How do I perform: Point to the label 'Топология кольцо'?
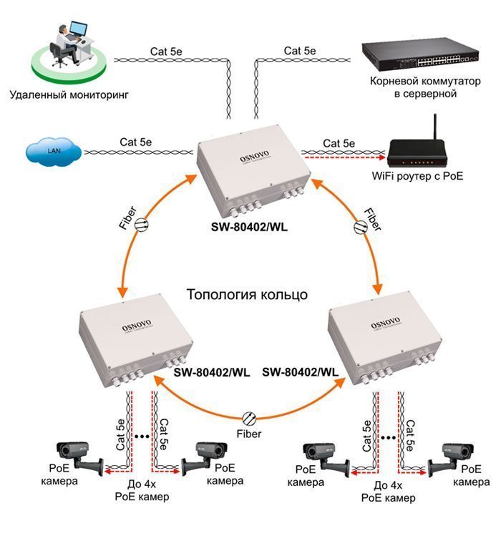point(248,294)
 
